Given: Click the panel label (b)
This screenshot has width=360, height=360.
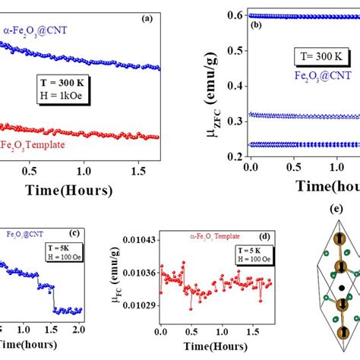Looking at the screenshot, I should click(x=256, y=24).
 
